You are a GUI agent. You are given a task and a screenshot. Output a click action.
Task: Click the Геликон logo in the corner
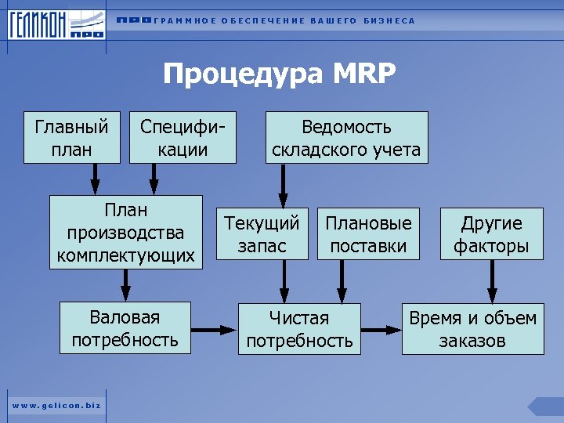[56, 25]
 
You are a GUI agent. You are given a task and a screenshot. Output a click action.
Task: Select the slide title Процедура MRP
[280, 74]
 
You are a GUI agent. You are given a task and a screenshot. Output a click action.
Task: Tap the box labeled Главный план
[71, 138]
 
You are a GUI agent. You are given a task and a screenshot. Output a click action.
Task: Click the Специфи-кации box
[183, 138]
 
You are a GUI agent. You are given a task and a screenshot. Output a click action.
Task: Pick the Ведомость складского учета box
[347, 138]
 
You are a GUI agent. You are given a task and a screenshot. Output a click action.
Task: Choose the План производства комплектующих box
[125, 233]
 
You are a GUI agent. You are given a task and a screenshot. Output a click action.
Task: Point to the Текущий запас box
[262, 234]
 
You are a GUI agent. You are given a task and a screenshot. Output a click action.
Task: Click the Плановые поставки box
[368, 234]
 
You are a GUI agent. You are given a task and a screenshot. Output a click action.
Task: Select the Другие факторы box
[491, 234]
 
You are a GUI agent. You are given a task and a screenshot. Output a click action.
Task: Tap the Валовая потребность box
[125, 328]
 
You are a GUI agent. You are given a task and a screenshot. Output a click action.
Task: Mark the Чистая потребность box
[299, 329]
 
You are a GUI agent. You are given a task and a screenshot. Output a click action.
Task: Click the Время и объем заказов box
[472, 329]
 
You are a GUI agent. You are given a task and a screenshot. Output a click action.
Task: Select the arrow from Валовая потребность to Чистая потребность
[214, 329]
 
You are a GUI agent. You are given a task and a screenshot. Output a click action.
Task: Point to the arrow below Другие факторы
[492, 282]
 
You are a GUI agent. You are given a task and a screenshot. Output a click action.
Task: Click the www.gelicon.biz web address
[56, 404]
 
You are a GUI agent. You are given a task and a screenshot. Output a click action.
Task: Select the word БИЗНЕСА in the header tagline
[389, 20]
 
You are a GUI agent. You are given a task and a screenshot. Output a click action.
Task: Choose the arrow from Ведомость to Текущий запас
[284, 185]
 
